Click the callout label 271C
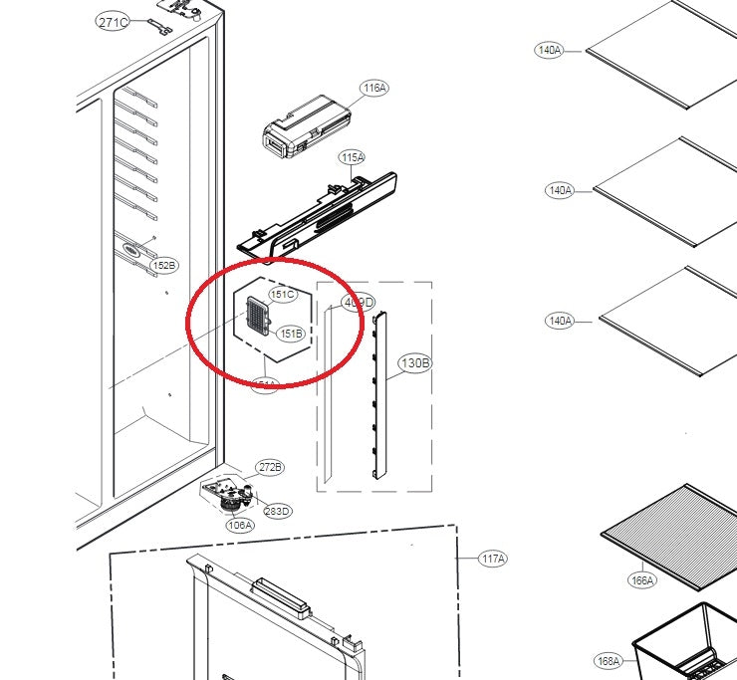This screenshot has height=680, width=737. point(114,22)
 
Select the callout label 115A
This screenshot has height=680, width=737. point(352,157)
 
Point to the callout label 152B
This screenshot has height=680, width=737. point(164,266)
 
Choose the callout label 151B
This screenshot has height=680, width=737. point(290,333)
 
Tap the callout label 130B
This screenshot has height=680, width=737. point(415,363)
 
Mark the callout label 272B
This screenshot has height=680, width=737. point(270,467)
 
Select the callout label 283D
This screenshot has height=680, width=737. point(278,512)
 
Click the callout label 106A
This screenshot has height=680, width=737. point(240,525)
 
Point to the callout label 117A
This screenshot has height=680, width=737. point(492,560)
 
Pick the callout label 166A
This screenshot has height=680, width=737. point(642,579)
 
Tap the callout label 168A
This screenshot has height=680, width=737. point(608,660)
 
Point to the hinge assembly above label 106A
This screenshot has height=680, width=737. point(225,493)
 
